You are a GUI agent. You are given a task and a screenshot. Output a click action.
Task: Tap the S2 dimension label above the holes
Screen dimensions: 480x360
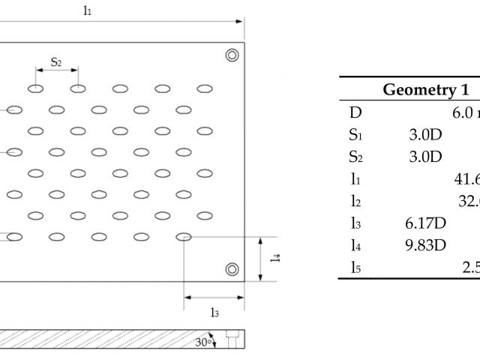[x=56, y=61]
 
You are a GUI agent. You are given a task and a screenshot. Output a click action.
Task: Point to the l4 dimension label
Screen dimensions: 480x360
[x=276, y=256]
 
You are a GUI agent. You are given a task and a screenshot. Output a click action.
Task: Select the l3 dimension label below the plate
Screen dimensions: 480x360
[x=215, y=313]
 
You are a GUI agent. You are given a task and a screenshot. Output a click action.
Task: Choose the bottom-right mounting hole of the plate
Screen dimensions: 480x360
[x=232, y=268]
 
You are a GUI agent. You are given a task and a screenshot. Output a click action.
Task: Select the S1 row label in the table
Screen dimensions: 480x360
[x=355, y=136]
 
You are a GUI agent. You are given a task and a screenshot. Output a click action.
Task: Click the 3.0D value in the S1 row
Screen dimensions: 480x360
[x=421, y=136]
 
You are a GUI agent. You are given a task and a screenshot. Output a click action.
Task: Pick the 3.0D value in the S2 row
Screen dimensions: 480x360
[x=421, y=157]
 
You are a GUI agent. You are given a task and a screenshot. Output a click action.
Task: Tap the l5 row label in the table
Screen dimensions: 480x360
[x=355, y=267]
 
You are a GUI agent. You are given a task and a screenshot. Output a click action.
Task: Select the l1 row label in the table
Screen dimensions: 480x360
[x=355, y=179]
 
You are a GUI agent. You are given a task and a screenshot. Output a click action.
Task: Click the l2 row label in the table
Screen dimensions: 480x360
[x=355, y=202]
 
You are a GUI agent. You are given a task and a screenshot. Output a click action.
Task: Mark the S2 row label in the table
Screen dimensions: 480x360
[x=355, y=157]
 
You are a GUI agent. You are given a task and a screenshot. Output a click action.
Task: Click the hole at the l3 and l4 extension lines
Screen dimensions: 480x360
[x=184, y=237]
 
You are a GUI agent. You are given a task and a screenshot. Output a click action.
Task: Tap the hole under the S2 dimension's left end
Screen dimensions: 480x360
[x=35, y=88]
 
